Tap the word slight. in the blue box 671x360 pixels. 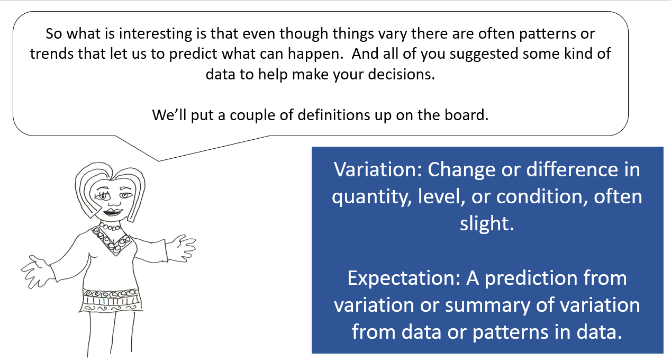point(487,224)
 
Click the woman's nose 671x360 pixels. point(112,201)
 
